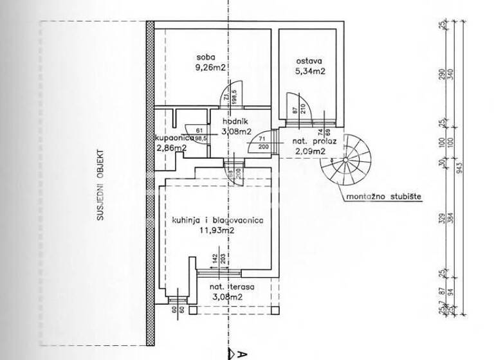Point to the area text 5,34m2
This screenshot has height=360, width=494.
coord(309,71)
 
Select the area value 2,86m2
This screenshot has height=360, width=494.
coord(171,148)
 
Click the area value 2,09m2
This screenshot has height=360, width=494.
coord(310,152)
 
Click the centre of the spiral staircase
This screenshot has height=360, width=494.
coord(347,159)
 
